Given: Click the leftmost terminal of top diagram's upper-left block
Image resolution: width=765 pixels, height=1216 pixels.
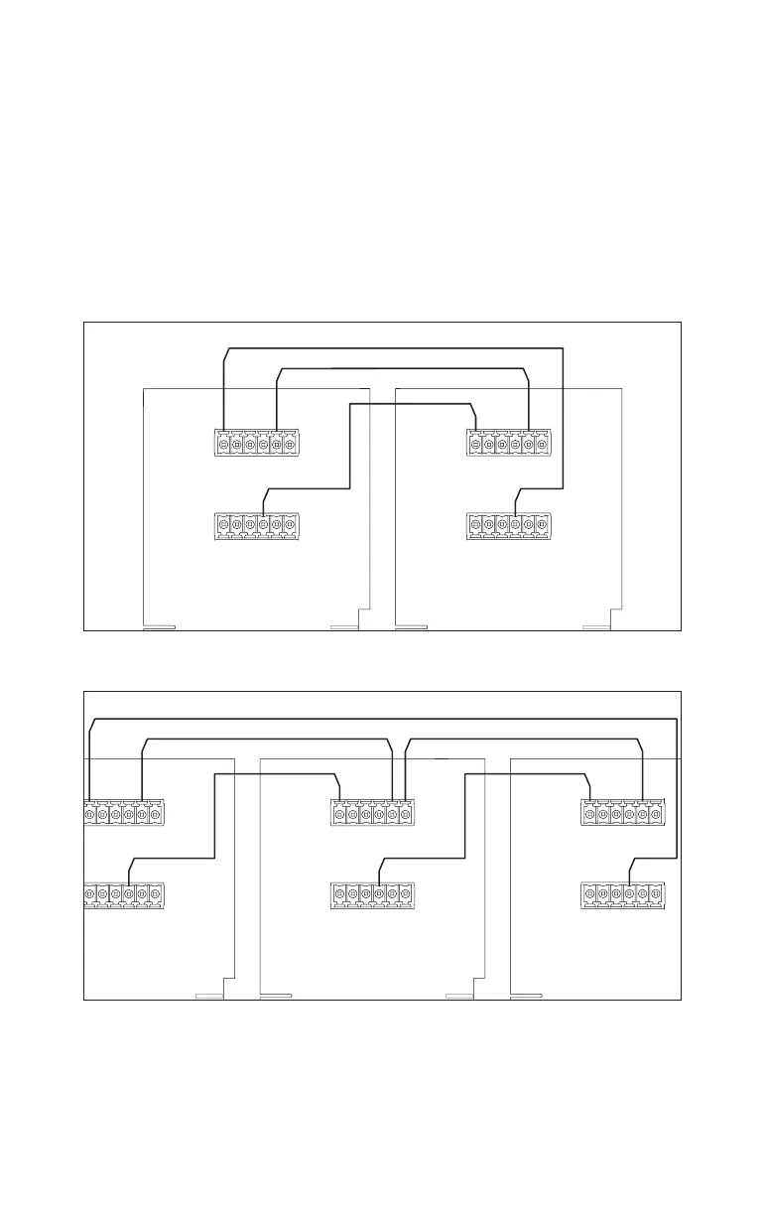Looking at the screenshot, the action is pos(224,445).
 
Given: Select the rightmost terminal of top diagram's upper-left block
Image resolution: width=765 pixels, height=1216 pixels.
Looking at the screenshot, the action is pos(290,445).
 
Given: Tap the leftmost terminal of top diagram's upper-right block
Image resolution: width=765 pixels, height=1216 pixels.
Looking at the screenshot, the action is pos(476,445).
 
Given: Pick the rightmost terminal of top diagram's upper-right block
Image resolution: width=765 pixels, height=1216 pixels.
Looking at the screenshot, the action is pos(542,445).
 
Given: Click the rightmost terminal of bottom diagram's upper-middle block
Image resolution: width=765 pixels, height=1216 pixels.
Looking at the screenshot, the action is pos(405,815).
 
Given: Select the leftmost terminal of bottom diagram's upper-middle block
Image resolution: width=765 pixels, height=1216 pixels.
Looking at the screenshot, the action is pos(340,815).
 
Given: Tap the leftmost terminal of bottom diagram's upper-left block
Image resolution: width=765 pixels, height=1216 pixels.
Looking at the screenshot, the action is pos(90,815).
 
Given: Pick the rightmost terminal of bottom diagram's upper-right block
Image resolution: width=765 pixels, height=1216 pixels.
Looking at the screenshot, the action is pos(655,815).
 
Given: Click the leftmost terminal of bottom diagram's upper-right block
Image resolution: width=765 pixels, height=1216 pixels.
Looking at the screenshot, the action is pos(590,815).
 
